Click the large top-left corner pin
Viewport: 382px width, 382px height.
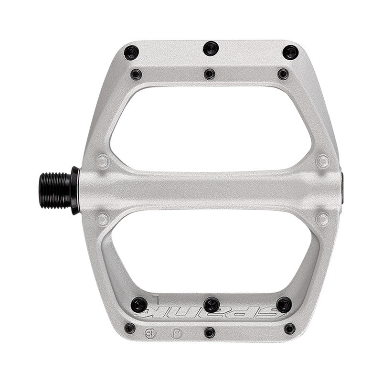click(131, 53)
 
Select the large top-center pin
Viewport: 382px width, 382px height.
click(211, 48)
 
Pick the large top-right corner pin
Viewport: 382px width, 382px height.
click(290, 53)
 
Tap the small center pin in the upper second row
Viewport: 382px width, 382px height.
click(210, 74)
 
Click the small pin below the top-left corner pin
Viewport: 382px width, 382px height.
click(136, 74)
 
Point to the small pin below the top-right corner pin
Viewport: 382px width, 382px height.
click(283, 74)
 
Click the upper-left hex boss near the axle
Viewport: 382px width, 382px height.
click(103, 162)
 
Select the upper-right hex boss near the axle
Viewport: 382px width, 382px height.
click(323, 161)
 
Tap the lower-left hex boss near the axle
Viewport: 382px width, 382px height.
click(103, 219)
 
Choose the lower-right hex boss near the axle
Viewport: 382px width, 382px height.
click(323, 219)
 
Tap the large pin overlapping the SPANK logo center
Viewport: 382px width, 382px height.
click(211, 305)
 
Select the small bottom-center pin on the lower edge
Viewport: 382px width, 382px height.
click(210, 332)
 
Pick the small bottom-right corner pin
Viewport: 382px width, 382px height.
click(289, 329)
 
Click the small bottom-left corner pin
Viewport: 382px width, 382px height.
click(130, 328)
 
